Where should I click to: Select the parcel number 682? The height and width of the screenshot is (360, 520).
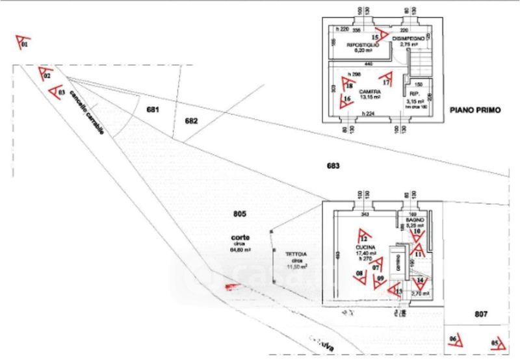pos(191,121)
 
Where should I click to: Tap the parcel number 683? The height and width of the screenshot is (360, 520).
pos(333,166)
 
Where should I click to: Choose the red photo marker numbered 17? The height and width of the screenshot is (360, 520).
pos(389,79)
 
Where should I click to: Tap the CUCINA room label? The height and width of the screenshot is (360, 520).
pos(363,248)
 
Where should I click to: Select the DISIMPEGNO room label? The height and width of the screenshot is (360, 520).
pos(408,39)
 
